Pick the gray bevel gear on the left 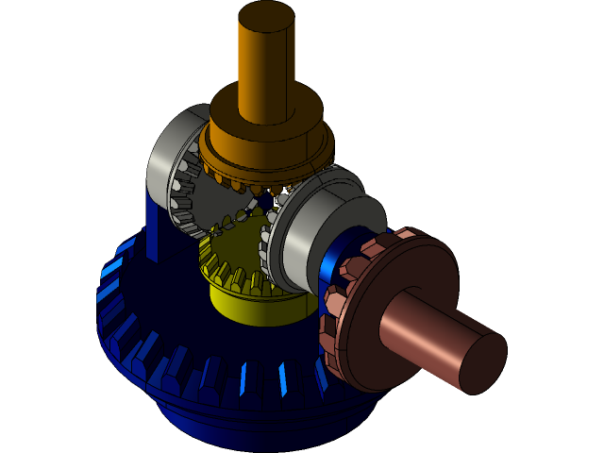point(175,160)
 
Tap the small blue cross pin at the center point(266,200)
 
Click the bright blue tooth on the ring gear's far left point(111,268)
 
